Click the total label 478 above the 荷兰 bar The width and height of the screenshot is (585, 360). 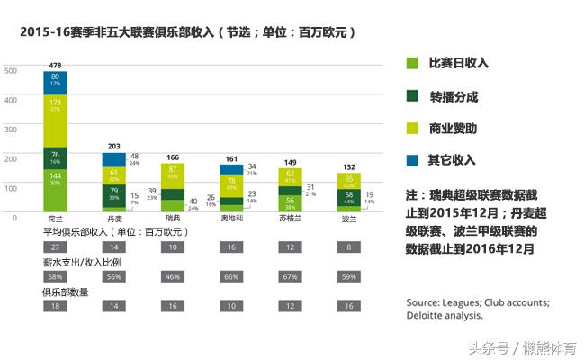pos(55,65)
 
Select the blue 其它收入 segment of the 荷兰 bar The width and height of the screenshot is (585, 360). pos(55,82)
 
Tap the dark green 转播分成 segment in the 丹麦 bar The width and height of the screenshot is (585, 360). pos(113,195)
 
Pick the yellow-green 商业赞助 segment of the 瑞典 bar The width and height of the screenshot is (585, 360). pos(172,175)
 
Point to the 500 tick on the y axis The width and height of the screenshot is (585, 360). pos(11,70)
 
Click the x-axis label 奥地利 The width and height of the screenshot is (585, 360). pos(231,220)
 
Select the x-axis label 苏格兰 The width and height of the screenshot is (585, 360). pos(290,220)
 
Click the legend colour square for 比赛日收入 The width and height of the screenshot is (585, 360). pos(412,63)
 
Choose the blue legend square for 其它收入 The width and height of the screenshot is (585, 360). pos(412,159)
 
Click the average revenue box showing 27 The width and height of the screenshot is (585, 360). pos(55,247)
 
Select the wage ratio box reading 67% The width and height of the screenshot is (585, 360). pos(290,276)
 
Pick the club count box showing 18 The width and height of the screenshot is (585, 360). pos(55,307)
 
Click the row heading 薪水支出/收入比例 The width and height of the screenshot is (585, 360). pos(82,262)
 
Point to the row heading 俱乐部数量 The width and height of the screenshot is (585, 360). pos(67,292)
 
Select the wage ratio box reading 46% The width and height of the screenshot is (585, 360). pos(172,276)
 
